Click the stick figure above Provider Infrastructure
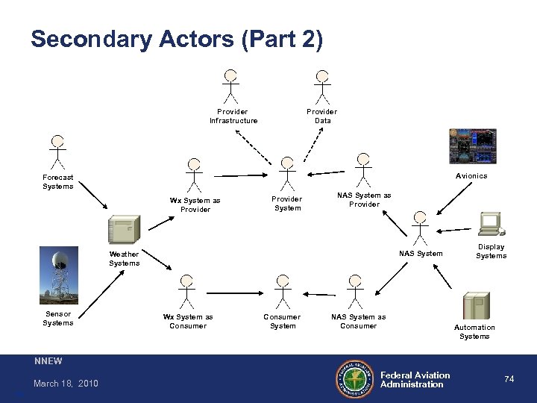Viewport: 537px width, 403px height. pos(232,86)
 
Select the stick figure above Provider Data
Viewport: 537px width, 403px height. pos(322,86)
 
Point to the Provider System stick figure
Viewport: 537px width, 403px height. pos(286,173)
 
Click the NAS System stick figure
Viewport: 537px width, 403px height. pos(421,228)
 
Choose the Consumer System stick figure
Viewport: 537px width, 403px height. pos(282,291)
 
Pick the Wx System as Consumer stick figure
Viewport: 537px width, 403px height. pos(186,291)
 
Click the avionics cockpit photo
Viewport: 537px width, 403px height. pos(472,146)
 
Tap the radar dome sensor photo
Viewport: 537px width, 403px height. pos(57,275)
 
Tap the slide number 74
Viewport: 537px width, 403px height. pos(509,379)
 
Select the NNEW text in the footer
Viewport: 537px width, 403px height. pos(48,361)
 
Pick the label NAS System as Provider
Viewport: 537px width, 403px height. pos(364,199)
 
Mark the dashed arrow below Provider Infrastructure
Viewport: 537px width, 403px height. pos(254,145)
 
